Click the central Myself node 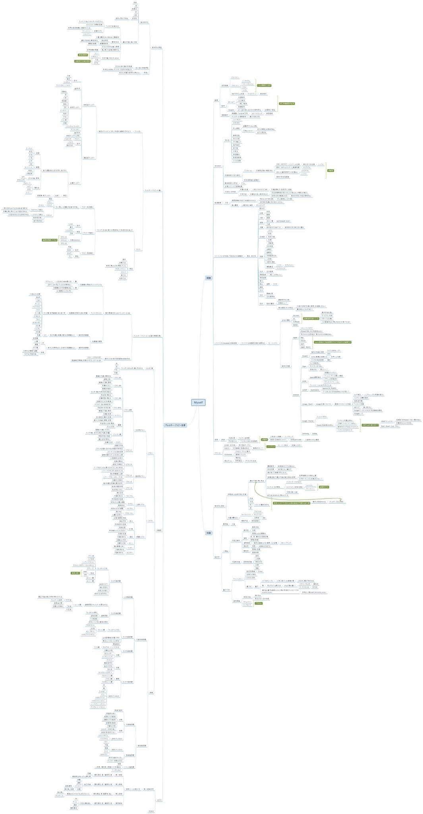198,403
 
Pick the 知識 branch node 209,533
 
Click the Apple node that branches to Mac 295,337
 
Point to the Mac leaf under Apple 302,337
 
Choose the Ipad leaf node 302,344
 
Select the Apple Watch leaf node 305,347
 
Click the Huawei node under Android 305,356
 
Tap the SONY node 304,381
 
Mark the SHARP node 305,390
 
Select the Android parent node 296,395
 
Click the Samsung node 305,434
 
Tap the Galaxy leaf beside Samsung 314,434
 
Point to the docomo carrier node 296,316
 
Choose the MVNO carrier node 295,325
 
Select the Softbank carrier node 296,322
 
